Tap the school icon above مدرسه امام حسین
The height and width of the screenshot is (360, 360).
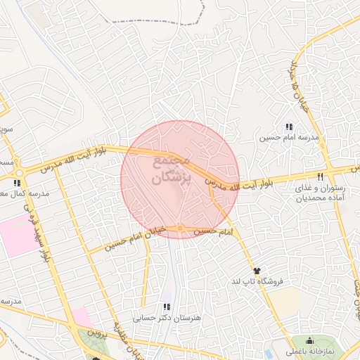(288, 127)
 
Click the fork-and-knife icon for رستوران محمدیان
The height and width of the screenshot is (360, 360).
(321, 176)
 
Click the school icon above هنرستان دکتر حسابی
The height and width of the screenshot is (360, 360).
(166, 307)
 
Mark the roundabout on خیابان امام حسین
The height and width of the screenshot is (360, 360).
(181, 227)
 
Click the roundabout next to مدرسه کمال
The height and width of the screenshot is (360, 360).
(19, 172)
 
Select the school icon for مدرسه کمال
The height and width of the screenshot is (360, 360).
(17, 184)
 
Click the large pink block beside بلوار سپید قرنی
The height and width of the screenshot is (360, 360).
(18, 236)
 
